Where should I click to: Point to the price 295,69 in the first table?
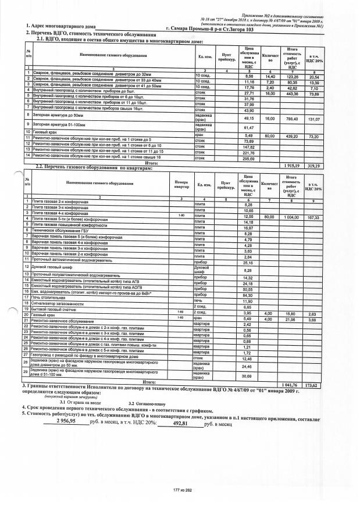(249, 157)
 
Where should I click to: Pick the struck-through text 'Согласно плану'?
(151, 403)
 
